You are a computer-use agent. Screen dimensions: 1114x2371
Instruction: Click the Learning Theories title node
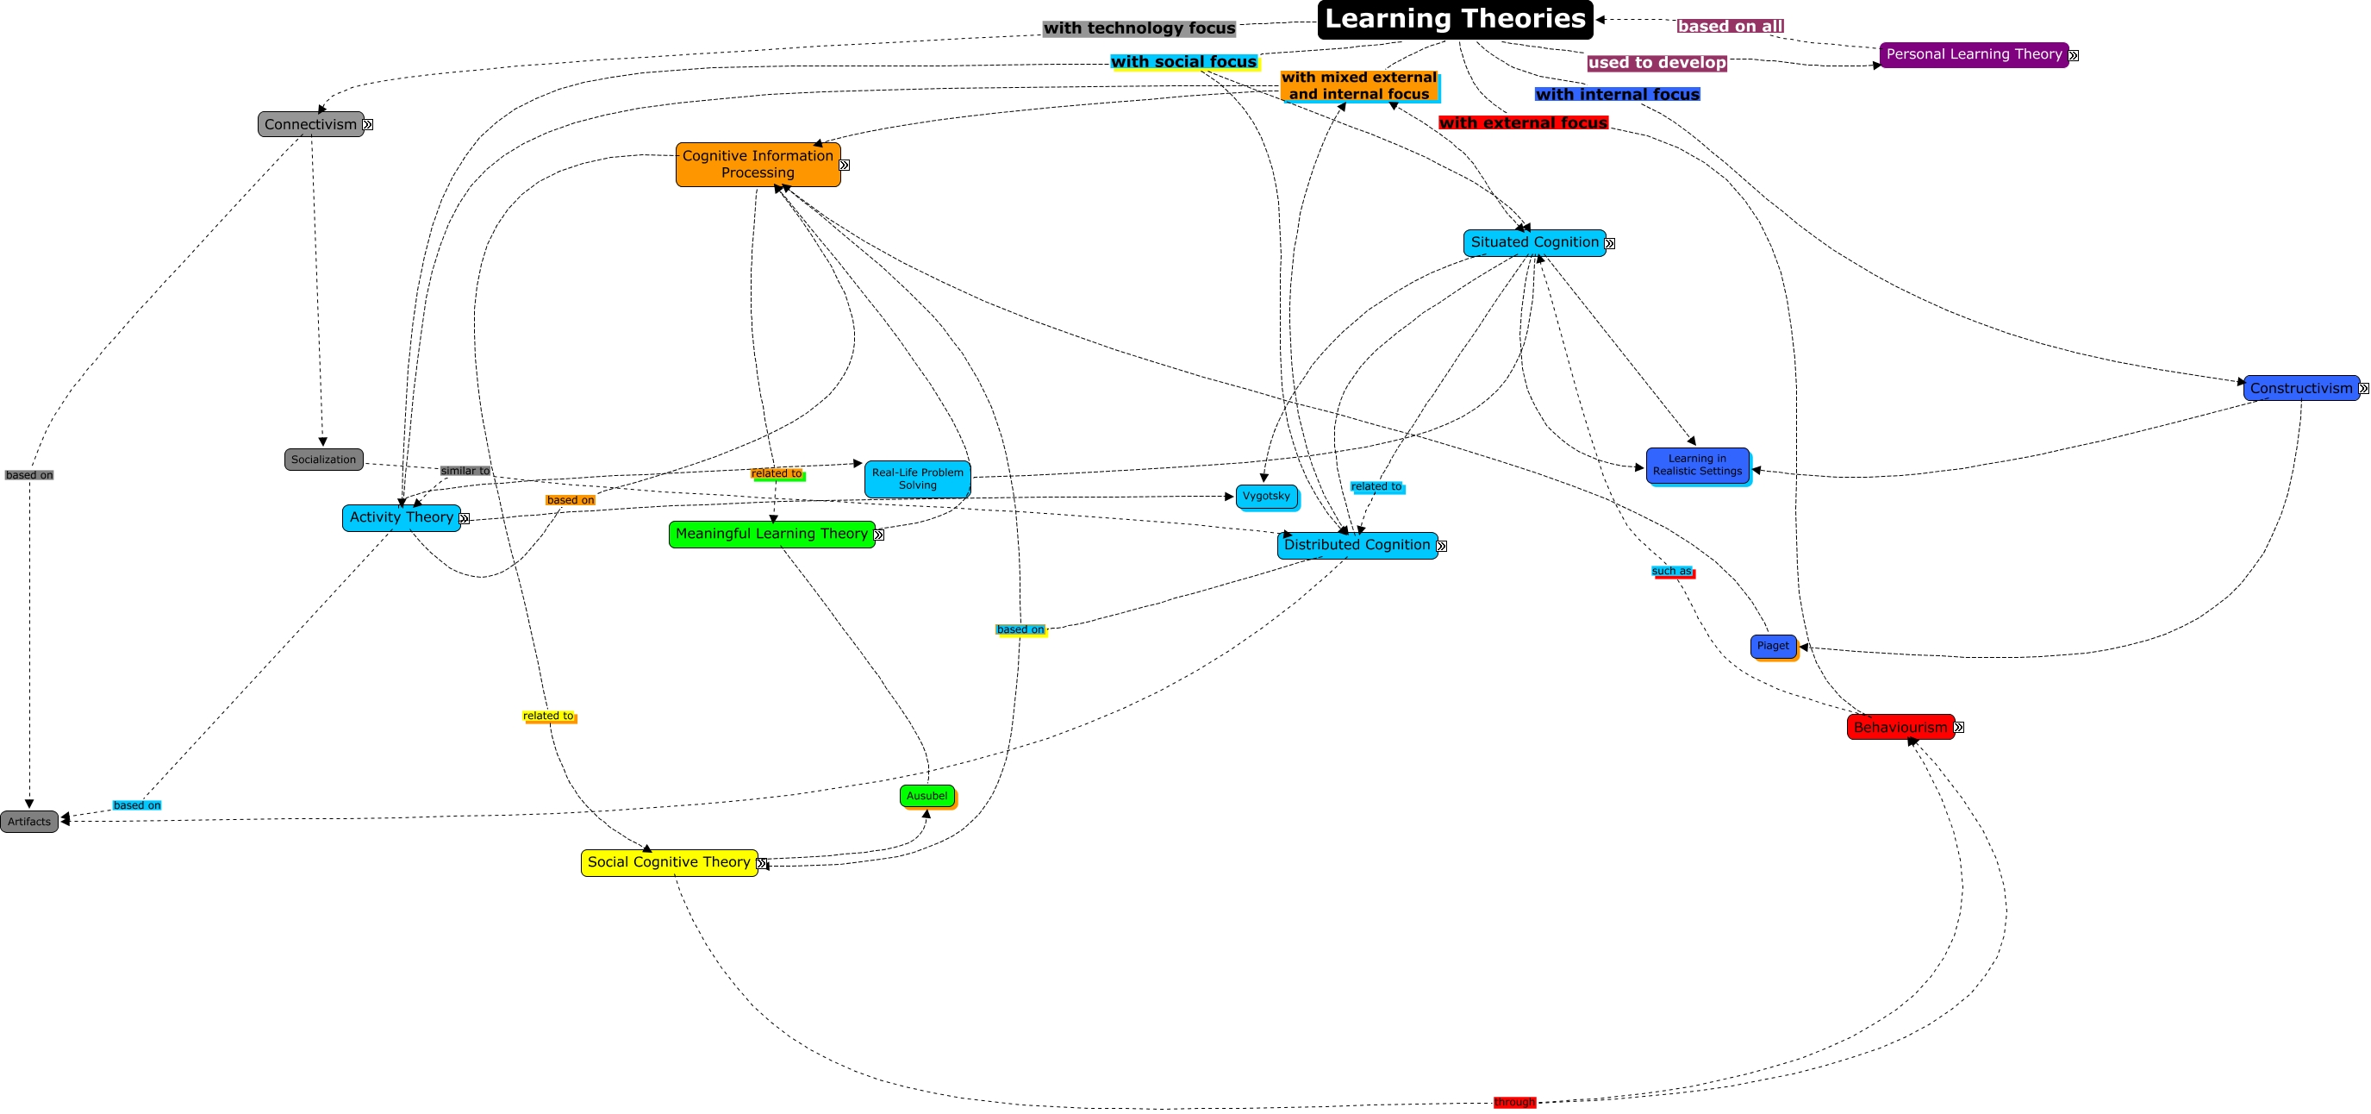click(x=1454, y=19)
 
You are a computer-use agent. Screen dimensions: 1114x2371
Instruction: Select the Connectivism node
click(x=310, y=124)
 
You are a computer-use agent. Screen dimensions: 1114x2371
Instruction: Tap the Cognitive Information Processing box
click(x=758, y=165)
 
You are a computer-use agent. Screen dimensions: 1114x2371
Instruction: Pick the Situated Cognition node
click(x=1533, y=243)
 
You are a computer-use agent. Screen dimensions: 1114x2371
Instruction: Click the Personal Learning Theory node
click(x=1974, y=54)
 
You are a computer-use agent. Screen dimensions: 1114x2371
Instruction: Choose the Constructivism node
click(x=2300, y=389)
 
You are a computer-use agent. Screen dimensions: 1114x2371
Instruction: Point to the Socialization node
click(x=323, y=460)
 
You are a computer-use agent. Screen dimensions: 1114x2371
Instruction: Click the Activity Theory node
click(x=402, y=517)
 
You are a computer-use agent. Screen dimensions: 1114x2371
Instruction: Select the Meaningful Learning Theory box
click(x=771, y=534)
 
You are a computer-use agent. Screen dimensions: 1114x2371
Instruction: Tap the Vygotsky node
click(x=1265, y=497)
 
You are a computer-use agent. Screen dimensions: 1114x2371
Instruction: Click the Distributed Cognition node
click(x=1357, y=545)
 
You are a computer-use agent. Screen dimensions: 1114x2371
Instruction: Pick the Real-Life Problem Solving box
click(x=917, y=479)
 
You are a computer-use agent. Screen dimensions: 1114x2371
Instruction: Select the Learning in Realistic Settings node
click(x=1696, y=465)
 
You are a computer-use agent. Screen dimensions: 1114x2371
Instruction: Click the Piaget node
click(x=1772, y=647)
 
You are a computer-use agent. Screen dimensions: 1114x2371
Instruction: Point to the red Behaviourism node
click(x=1900, y=728)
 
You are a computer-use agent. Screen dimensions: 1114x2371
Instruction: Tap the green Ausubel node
click(x=926, y=796)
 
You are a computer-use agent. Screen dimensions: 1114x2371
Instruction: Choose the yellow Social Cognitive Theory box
click(x=669, y=862)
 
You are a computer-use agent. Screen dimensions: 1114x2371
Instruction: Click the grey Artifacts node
click(x=29, y=821)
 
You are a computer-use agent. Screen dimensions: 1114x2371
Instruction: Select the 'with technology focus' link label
click(x=1139, y=28)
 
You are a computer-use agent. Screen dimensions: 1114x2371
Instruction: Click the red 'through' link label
click(x=1514, y=1102)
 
